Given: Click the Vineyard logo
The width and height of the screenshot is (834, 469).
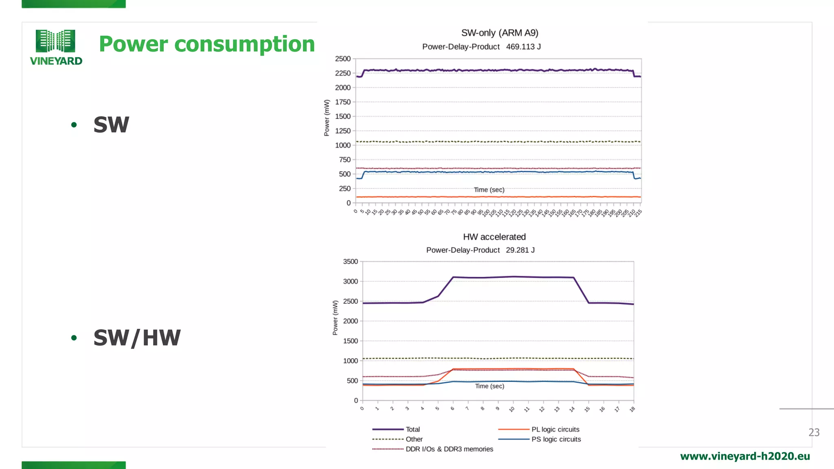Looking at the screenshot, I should [56, 47].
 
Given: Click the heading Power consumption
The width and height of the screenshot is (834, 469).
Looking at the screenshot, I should [207, 44].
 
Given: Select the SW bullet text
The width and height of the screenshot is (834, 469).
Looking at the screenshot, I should [111, 125].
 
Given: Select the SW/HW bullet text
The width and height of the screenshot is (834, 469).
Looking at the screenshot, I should [137, 338].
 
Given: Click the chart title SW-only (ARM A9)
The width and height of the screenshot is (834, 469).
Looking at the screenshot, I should [500, 33].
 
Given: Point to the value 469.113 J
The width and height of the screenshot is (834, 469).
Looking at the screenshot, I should [523, 47].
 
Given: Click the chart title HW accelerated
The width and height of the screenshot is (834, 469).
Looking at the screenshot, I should [494, 237].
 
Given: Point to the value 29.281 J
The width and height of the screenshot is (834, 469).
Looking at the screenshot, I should [520, 250].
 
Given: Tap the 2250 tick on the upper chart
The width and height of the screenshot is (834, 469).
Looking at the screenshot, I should [342, 73].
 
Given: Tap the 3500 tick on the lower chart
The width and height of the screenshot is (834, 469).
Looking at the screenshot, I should [350, 262].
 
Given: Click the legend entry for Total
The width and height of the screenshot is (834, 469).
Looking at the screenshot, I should [412, 430].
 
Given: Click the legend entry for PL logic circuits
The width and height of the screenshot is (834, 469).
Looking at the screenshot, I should [555, 430].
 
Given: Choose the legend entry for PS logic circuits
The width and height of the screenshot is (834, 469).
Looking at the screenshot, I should [556, 439].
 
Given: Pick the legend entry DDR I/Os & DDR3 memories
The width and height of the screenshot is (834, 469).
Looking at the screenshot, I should [449, 449].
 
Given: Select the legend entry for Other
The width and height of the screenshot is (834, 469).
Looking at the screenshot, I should [414, 439].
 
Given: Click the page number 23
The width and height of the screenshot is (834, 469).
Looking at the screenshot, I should [814, 432].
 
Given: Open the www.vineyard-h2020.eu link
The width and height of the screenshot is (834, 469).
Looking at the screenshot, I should [745, 456].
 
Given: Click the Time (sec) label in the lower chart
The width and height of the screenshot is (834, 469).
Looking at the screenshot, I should [489, 386].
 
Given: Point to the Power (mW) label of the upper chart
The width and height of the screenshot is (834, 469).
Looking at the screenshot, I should [327, 118].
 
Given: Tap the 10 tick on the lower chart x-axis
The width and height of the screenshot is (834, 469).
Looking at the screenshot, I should [512, 409].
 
